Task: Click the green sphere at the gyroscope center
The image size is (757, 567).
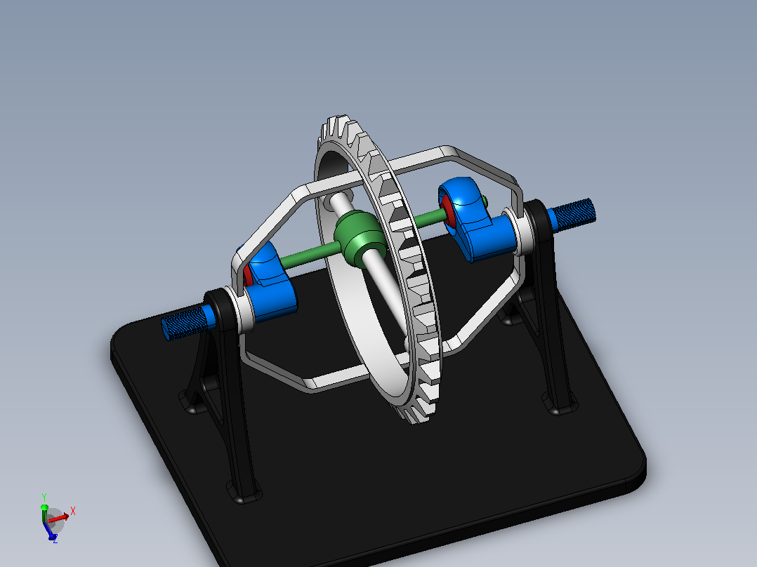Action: pyautogui.click(x=360, y=237)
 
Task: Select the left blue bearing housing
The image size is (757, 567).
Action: pyautogui.click(x=268, y=283)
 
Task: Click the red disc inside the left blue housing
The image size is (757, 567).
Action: pyautogui.click(x=248, y=276)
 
